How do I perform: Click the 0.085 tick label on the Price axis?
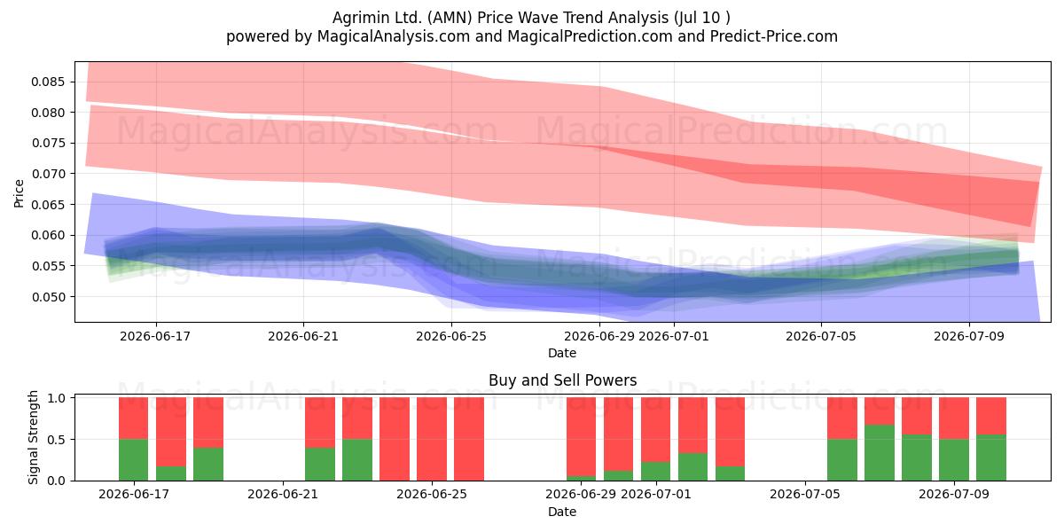(x=47, y=82)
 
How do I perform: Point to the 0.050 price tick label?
(x=47, y=297)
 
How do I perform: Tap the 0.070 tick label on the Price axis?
(x=47, y=174)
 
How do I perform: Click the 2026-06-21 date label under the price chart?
(x=303, y=336)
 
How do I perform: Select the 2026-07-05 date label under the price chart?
(x=821, y=336)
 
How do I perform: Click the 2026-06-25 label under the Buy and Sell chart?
(x=432, y=494)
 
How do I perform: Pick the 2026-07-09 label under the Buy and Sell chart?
(x=954, y=494)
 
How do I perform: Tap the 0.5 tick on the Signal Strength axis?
(x=56, y=440)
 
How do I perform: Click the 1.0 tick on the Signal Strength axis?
(x=56, y=398)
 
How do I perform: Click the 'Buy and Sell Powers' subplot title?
(x=562, y=380)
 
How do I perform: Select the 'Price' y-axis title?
(x=19, y=193)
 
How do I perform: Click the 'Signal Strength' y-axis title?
(x=33, y=437)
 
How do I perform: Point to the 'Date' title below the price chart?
(x=562, y=353)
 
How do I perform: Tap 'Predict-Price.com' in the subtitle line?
(x=774, y=36)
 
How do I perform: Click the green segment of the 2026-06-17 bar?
(x=134, y=460)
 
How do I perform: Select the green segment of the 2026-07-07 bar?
(x=880, y=453)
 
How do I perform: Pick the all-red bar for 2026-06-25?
(x=432, y=439)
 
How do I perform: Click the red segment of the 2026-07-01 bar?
(x=655, y=429)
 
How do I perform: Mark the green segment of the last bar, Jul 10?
(x=991, y=458)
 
